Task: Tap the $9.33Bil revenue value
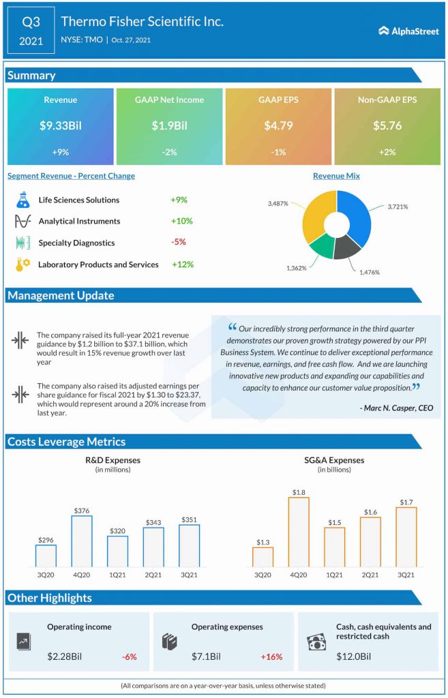point(60,125)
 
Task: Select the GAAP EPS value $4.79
point(278,125)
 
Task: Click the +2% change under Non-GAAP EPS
point(387,152)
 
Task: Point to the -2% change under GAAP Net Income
point(169,152)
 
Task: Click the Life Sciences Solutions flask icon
point(23,200)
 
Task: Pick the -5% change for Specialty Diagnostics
point(179,242)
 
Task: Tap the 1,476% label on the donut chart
point(369,272)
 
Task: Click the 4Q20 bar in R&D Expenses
point(81,541)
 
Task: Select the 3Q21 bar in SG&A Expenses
point(406,536)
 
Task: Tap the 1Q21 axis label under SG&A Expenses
point(334,575)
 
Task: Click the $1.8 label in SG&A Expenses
point(299,491)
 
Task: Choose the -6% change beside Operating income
point(129,656)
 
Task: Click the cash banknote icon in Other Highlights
point(316,643)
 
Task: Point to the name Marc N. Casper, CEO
point(395,408)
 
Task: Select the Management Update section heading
point(61,295)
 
